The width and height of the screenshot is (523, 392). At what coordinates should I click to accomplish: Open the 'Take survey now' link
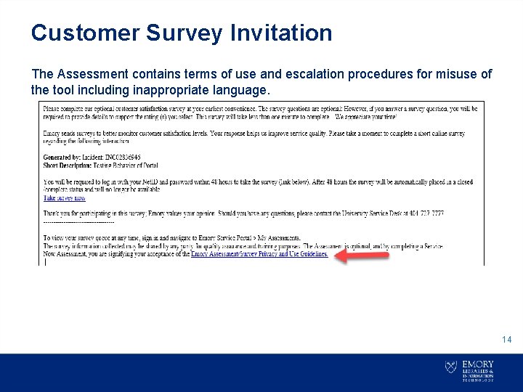(65, 197)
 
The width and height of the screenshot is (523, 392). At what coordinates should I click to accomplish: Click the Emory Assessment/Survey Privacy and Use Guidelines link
(259, 254)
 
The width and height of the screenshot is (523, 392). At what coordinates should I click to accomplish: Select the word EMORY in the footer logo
(477, 364)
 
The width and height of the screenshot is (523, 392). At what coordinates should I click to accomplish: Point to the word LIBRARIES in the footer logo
(476, 371)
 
